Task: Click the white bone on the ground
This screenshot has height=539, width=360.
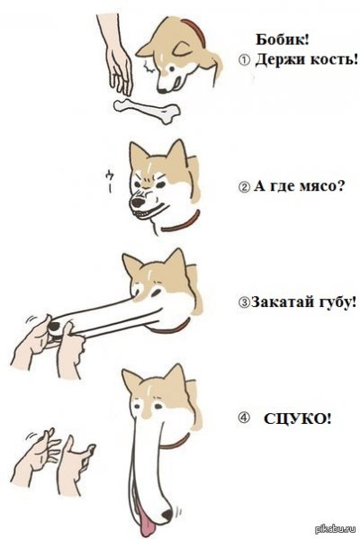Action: [148, 110]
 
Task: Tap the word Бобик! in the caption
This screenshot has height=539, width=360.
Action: [283, 40]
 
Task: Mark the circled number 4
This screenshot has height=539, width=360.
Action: [243, 418]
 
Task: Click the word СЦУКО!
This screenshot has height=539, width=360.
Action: [298, 418]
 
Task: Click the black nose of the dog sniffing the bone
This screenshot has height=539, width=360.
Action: [162, 91]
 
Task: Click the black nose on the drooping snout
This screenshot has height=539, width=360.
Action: [167, 514]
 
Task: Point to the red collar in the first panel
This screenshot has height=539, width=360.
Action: [195, 33]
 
